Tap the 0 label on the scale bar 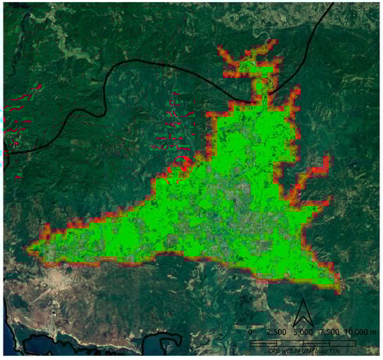click(251, 331)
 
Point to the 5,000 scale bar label click(303, 331)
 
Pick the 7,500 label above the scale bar click(329, 331)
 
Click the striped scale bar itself click(303, 343)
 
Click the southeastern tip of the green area click(339, 288)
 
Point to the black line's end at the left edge click(3, 151)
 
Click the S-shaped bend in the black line click(104, 97)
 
